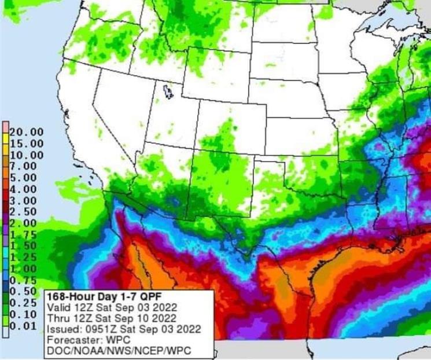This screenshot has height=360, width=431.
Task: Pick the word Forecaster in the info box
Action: click(x=69, y=340)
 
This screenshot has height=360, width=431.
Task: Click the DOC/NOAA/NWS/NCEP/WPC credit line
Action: click(x=118, y=351)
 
